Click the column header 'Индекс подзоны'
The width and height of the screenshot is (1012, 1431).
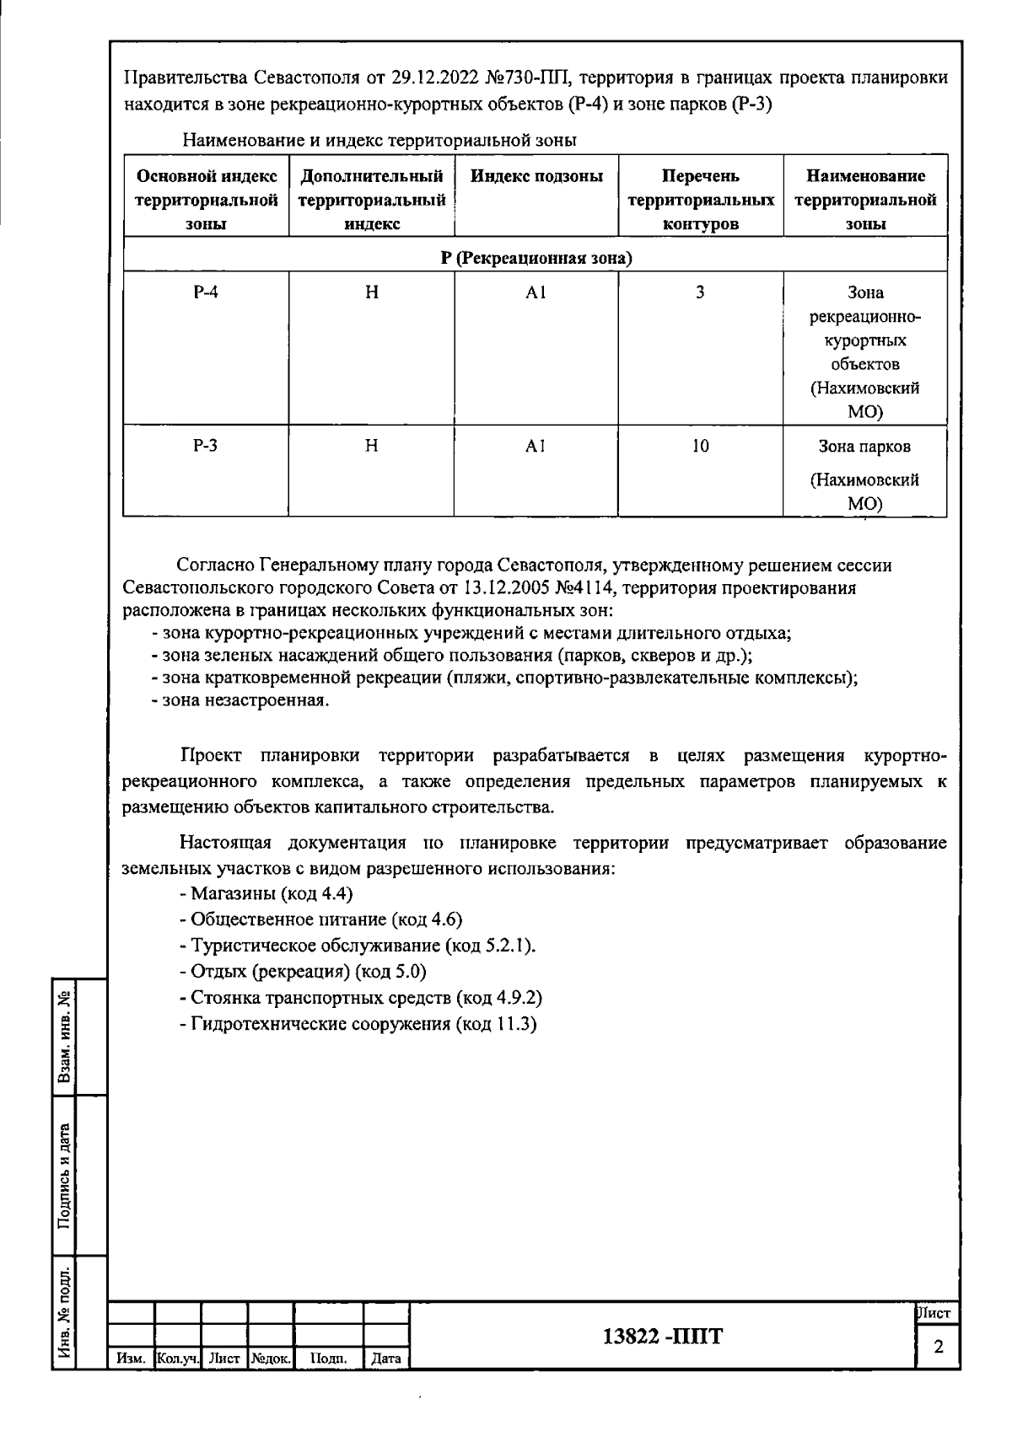pos(536,176)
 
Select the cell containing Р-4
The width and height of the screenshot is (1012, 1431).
pos(205,292)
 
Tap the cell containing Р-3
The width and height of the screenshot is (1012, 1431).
pos(205,446)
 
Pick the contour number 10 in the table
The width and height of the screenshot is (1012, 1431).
pos(701,446)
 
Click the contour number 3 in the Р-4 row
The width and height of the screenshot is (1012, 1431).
pos(700,292)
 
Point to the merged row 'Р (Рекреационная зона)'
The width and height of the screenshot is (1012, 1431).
pos(536,258)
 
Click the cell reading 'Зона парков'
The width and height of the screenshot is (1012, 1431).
pos(864,447)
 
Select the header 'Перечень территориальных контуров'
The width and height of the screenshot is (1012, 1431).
pos(701,200)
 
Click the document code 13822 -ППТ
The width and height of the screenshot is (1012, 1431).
pos(663,1337)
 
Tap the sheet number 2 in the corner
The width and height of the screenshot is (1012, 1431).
pos(938,1348)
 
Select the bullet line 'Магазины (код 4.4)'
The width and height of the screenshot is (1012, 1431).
pos(266,893)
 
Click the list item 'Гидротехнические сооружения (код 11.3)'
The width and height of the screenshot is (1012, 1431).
pos(358,1024)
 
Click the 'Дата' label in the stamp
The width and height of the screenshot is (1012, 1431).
pos(385,1359)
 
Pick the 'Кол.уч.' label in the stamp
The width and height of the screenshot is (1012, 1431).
pos(178,1359)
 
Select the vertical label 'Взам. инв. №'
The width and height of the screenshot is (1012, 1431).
pos(64,1037)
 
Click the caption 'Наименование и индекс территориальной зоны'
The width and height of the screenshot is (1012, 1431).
pos(379,139)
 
